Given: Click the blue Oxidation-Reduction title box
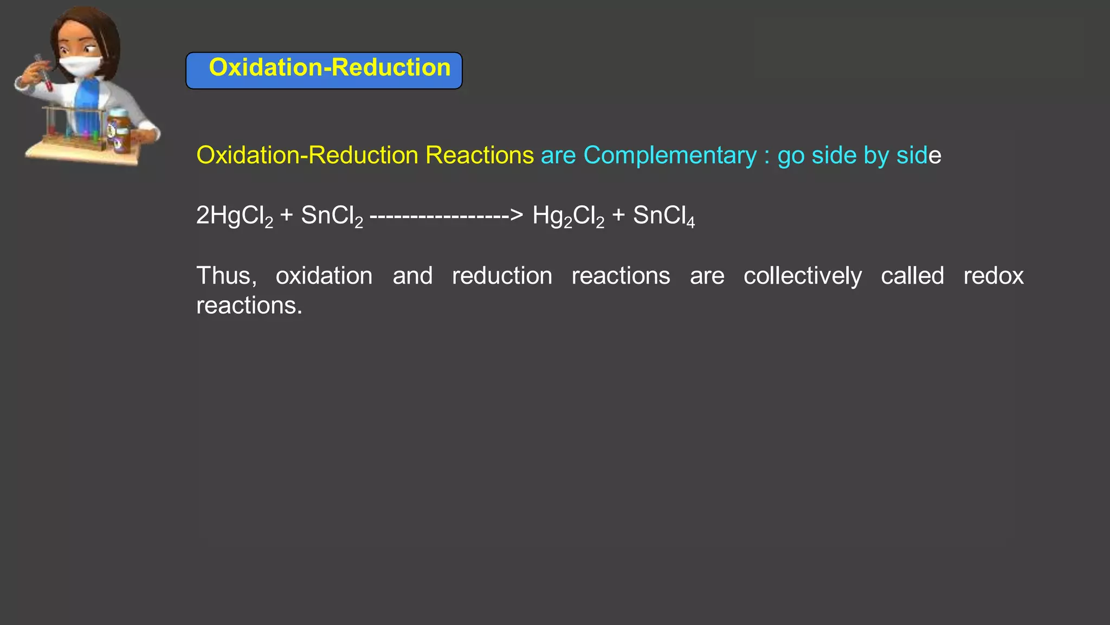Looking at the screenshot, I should [x=324, y=70].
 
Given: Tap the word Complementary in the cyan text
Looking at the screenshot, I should [x=670, y=156].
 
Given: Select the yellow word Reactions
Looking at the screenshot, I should [x=480, y=156].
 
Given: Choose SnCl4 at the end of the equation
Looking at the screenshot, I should [x=663, y=216].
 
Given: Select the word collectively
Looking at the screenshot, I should [x=802, y=276].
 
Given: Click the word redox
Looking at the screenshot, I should [x=993, y=276].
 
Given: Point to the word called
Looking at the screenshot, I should [x=912, y=276].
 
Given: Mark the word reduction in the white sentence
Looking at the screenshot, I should [x=502, y=276].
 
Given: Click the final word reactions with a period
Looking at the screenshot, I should [x=249, y=306].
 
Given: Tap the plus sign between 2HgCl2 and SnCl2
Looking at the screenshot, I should [x=287, y=216].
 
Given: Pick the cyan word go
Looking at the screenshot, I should [x=791, y=157].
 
